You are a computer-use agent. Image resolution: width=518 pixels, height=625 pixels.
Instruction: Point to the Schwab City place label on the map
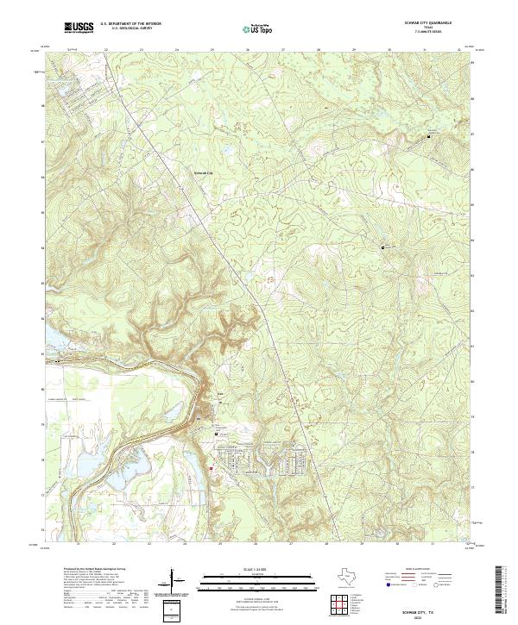click(x=201, y=172)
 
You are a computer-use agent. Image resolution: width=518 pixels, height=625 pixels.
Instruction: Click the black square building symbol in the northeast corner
click(x=429, y=136)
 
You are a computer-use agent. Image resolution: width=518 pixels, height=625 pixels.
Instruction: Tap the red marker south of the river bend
click(x=210, y=468)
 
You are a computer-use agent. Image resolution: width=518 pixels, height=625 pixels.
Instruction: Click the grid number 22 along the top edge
click(x=105, y=51)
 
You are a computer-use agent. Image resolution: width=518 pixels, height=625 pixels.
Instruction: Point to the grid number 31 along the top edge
click(x=425, y=51)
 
